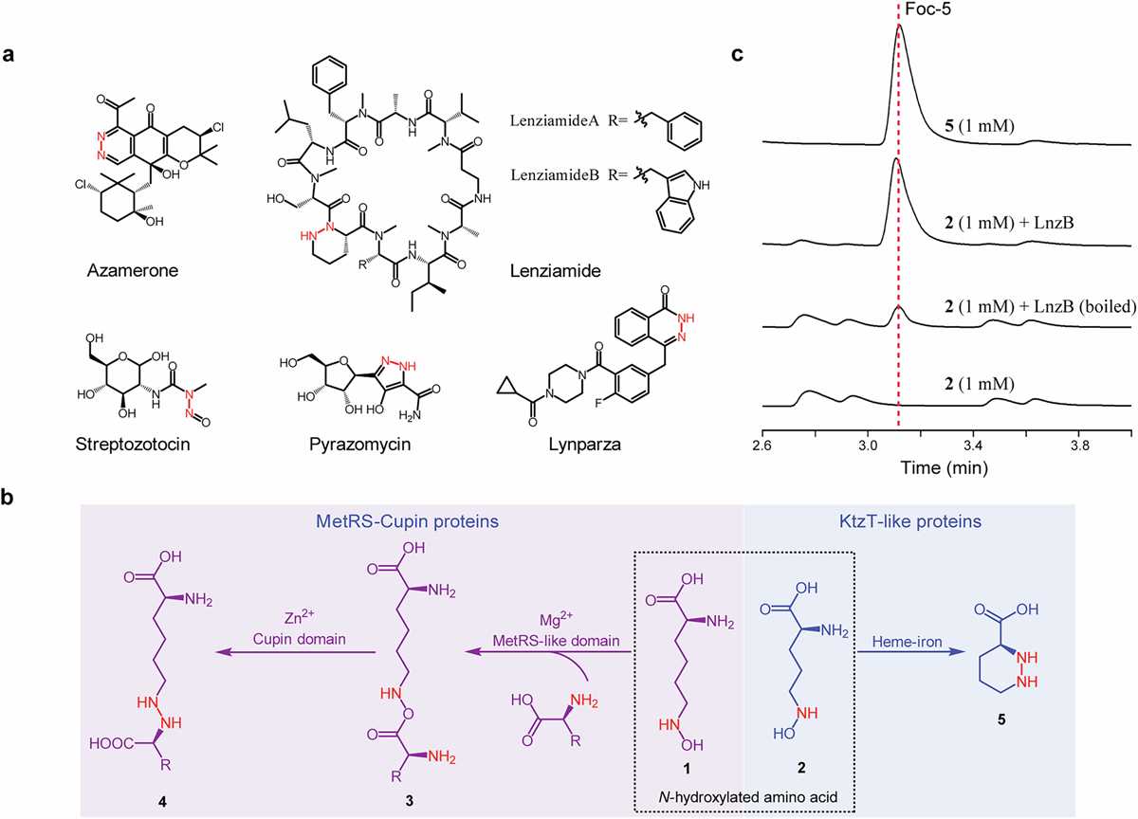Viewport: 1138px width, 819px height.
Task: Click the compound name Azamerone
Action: click(x=133, y=270)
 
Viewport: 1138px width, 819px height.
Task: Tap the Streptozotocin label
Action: click(x=133, y=445)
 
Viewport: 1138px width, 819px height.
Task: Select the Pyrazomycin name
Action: click(x=360, y=445)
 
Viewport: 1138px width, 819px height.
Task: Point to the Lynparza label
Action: click(x=585, y=445)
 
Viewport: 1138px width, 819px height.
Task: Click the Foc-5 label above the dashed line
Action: click(x=927, y=9)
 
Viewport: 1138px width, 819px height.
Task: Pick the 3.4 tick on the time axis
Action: click(x=973, y=446)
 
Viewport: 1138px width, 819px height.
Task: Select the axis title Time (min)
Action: click(x=945, y=467)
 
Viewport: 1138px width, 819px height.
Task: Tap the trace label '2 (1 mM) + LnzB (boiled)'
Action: click(x=1039, y=306)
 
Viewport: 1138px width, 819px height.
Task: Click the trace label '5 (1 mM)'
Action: click(x=979, y=125)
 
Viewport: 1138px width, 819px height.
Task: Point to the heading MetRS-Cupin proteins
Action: click(x=407, y=521)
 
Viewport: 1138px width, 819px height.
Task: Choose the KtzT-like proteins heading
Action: click(x=910, y=521)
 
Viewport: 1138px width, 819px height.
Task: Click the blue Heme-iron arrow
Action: click(x=911, y=651)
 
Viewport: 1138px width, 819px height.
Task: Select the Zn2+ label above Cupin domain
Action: click(x=300, y=618)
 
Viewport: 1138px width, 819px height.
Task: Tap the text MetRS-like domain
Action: click(x=557, y=640)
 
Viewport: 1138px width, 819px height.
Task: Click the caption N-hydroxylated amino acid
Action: click(x=748, y=796)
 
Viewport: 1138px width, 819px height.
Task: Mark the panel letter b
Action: click(x=8, y=497)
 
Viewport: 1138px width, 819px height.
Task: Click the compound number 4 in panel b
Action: click(x=162, y=802)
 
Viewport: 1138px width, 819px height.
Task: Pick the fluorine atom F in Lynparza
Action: click(x=599, y=403)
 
